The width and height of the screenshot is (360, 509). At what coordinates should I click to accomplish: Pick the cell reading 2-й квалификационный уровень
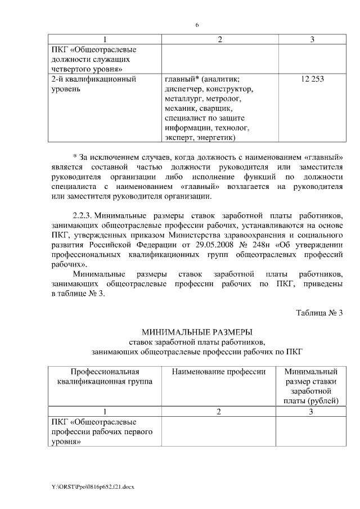(x=93, y=84)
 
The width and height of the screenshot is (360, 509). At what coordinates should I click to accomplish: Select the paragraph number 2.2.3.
(x=86, y=215)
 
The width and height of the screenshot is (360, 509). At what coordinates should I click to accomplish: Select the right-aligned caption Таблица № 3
(x=319, y=313)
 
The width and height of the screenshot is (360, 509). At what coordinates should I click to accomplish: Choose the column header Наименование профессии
(x=218, y=372)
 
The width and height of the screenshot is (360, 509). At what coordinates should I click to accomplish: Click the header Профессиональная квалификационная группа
(x=105, y=376)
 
